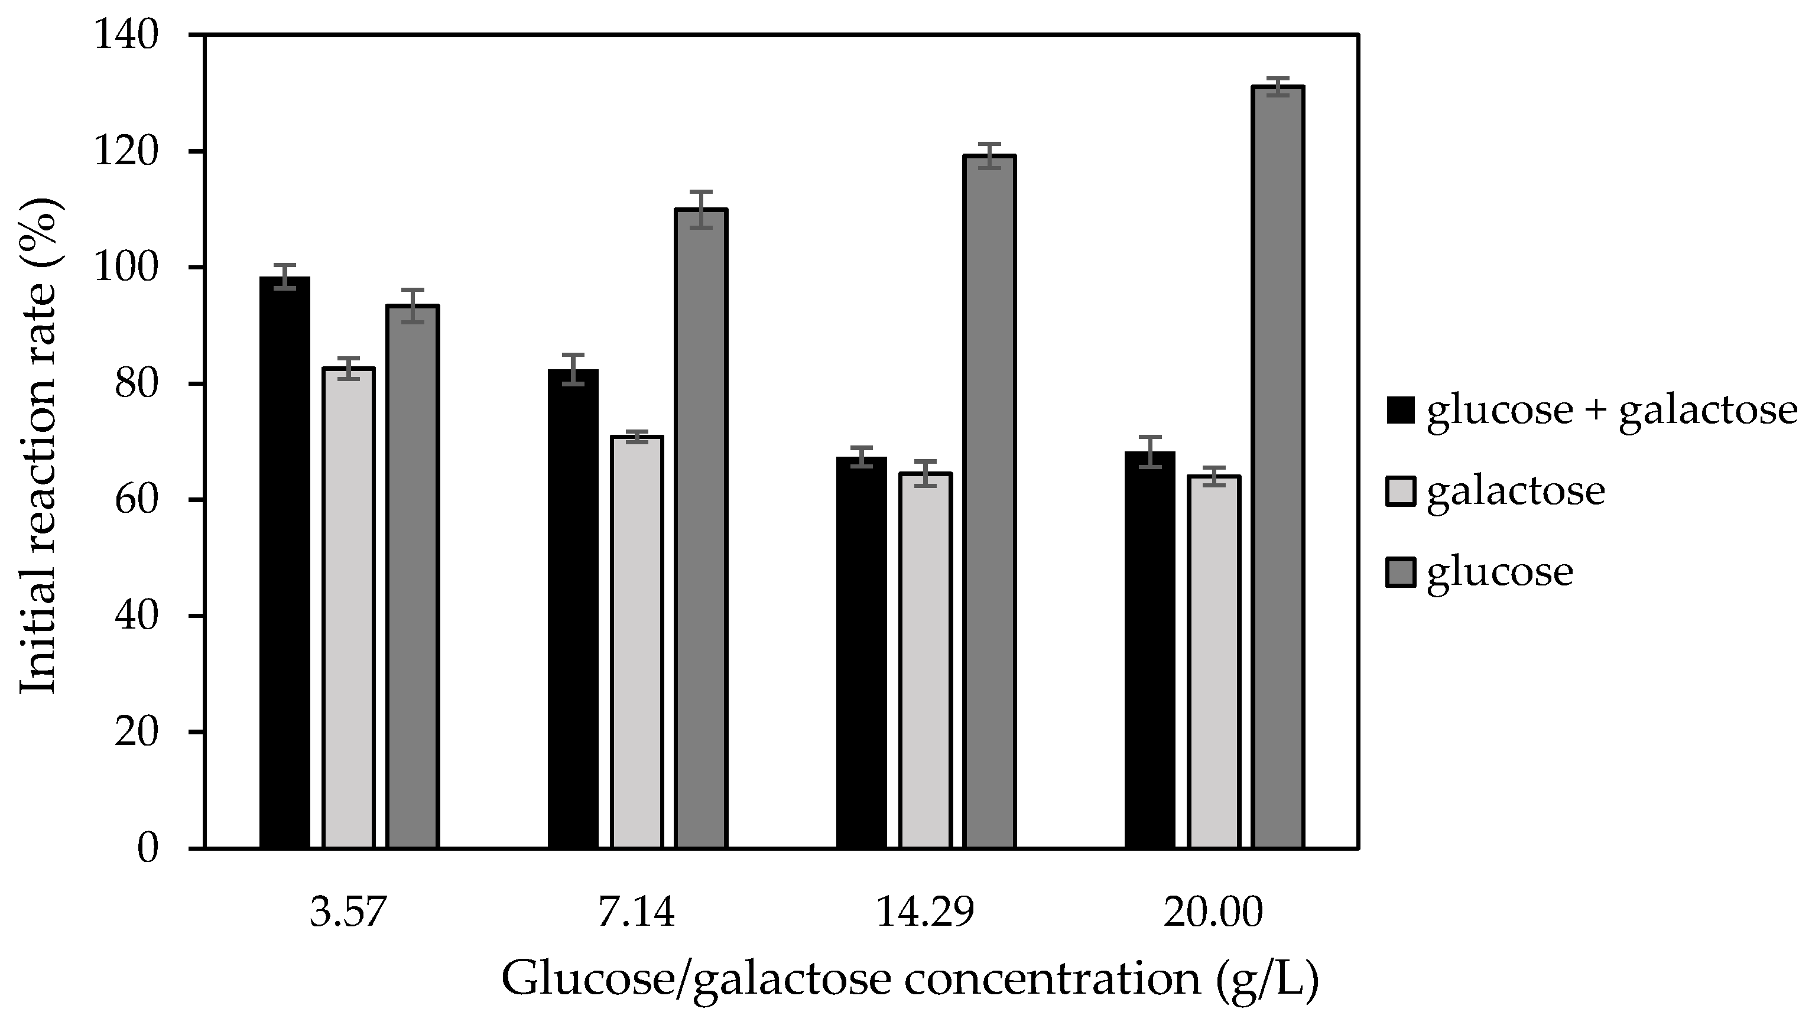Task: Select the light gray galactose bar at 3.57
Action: coord(349,609)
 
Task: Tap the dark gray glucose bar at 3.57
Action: coord(413,577)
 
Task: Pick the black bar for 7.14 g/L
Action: coord(573,609)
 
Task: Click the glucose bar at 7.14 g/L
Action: coord(702,529)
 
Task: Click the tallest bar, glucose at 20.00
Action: coord(1278,467)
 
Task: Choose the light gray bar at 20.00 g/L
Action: coord(1214,662)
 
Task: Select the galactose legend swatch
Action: coord(1400,492)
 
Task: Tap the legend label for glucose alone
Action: coord(1499,571)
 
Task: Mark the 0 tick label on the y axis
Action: coord(148,849)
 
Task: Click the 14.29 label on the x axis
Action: coord(925,914)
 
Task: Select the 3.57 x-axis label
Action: coord(349,914)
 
